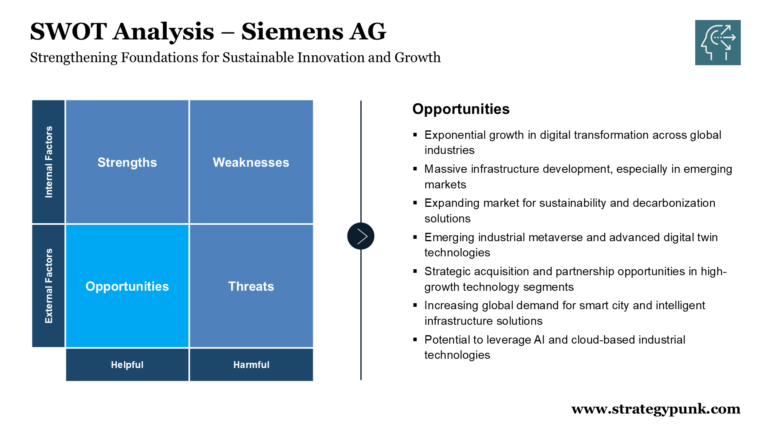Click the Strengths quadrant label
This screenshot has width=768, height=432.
click(x=127, y=162)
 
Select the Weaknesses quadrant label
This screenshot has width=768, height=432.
click(x=251, y=162)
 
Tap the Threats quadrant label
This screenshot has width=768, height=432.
click(x=251, y=286)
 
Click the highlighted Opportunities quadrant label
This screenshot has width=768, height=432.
click(x=127, y=286)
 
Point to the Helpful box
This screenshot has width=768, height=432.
click(x=127, y=365)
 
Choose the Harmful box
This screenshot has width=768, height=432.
click(x=251, y=365)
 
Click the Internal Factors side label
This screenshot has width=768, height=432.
click(x=48, y=162)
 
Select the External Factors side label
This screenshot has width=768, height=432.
click(x=48, y=286)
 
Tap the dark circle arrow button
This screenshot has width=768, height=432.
click(x=361, y=236)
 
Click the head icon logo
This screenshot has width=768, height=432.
click(x=718, y=42)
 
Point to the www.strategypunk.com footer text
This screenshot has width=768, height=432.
click(x=656, y=409)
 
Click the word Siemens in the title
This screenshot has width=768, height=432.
click(x=292, y=32)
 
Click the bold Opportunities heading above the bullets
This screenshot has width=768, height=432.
click(x=461, y=109)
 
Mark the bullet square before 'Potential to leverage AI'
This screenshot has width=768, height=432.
click(x=415, y=340)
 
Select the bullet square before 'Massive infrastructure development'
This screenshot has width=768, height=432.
click(x=415, y=169)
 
